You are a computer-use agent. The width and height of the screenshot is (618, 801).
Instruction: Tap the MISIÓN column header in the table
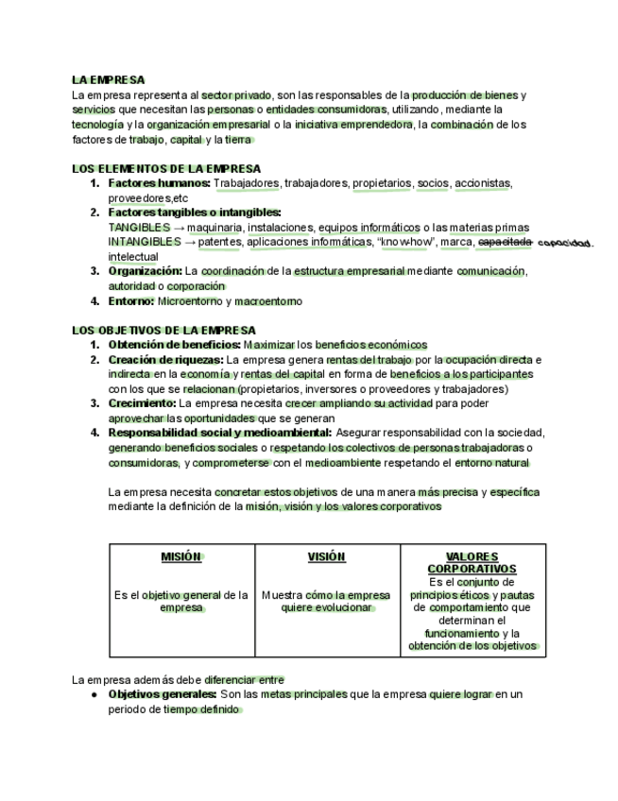181,557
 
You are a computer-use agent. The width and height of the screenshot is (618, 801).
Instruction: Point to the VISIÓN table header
327,557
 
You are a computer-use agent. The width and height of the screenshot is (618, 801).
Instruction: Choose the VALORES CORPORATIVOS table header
472,563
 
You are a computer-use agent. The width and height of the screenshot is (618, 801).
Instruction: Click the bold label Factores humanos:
159,183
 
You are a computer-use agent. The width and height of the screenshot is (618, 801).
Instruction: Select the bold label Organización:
145,271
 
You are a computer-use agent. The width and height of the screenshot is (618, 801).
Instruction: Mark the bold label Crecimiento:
143,403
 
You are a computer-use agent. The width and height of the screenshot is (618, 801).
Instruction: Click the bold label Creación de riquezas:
165,360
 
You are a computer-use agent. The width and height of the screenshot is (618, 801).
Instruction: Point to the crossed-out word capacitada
506,242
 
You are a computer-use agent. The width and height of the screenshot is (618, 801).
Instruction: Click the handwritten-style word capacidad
565,243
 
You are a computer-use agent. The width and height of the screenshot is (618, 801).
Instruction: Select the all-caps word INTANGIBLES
139,242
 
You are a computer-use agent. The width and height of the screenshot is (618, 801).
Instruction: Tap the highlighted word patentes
219,242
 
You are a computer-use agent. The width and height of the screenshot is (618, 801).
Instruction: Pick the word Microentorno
189,301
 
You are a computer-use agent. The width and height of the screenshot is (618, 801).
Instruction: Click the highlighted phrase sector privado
236,95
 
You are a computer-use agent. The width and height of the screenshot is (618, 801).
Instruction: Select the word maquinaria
214,228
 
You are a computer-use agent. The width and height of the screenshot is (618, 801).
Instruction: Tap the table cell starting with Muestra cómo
326,602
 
